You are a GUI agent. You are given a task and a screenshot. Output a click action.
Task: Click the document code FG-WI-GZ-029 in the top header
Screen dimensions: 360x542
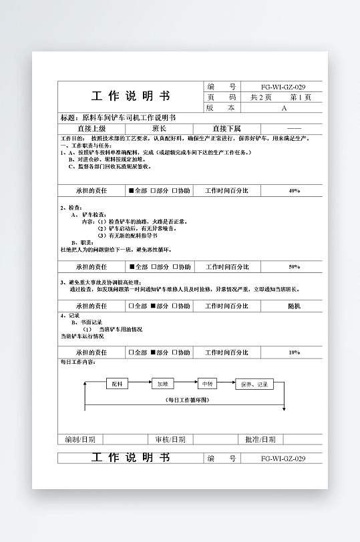283,87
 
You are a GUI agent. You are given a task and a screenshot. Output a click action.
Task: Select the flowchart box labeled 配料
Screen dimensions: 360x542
117,384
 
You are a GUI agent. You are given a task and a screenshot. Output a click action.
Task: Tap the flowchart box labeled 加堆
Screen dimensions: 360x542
162,384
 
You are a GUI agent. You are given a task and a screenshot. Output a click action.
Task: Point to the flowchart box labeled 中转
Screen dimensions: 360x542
207,384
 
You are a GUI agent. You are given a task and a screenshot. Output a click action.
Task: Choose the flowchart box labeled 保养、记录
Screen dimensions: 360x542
254,384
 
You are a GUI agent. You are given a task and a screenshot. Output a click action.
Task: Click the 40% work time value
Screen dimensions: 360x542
294,191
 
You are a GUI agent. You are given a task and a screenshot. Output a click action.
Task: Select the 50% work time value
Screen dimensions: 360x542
294,267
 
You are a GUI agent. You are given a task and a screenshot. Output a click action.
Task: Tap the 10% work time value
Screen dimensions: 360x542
294,352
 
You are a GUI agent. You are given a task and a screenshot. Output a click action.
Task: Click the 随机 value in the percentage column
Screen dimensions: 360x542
294,306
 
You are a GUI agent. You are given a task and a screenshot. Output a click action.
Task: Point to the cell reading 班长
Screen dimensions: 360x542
160,129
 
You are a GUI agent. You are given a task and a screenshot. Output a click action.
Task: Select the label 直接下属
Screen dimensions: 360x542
226,129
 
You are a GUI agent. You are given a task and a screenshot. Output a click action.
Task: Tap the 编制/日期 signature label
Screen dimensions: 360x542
79,439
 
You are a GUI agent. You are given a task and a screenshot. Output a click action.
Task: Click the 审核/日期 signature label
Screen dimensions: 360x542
170,439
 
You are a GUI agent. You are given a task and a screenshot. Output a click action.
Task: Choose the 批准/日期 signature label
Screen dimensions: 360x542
260,439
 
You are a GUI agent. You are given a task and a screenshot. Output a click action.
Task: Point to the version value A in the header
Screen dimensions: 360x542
284,107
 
